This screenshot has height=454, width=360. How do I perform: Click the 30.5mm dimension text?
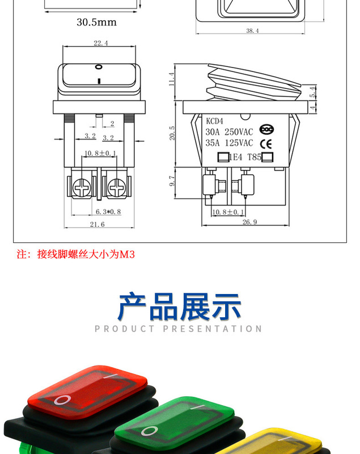(96, 22)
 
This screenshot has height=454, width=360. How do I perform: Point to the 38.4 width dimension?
(252, 31)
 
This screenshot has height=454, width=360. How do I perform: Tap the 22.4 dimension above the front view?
(100, 43)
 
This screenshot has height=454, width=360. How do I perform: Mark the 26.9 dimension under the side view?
(249, 222)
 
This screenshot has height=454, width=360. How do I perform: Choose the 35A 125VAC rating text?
(229, 144)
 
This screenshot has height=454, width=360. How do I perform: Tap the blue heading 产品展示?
(180, 306)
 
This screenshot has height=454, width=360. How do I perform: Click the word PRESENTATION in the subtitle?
(213, 329)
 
